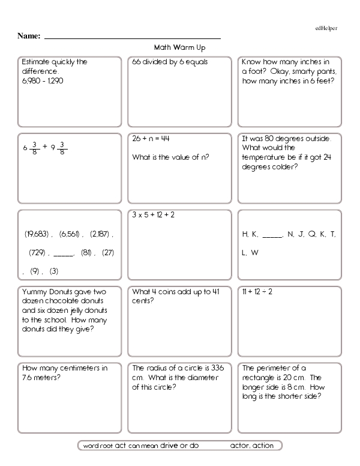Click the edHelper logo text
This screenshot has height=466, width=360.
(328, 28)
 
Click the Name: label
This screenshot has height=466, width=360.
(29, 37)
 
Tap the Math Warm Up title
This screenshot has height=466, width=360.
(180, 46)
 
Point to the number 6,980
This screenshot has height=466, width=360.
(29, 80)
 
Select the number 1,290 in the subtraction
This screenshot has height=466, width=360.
(54, 80)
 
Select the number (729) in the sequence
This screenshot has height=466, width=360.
(36, 253)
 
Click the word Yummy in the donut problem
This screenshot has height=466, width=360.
(33, 291)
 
